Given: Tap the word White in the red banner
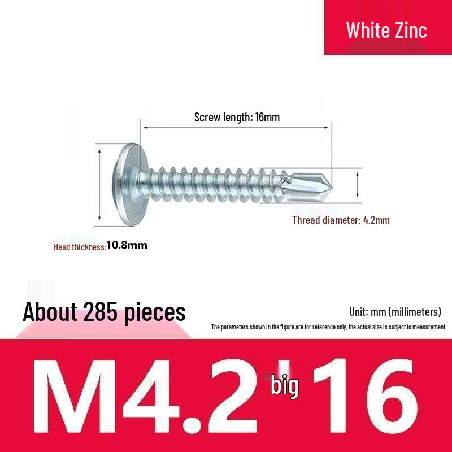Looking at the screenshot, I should (x=365, y=30).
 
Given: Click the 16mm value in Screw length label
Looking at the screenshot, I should (x=267, y=118).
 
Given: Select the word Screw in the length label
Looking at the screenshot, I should (x=207, y=118).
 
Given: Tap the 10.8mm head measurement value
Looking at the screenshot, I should (x=127, y=245).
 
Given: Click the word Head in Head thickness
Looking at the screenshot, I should (x=62, y=247).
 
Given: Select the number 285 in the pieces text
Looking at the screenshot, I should (x=103, y=311).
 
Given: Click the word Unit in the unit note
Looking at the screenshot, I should (x=359, y=312).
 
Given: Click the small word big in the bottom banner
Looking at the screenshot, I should (x=284, y=386).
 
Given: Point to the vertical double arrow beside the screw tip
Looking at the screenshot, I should (x=357, y=183).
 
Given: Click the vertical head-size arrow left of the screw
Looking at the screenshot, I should (x=100, y=184).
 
